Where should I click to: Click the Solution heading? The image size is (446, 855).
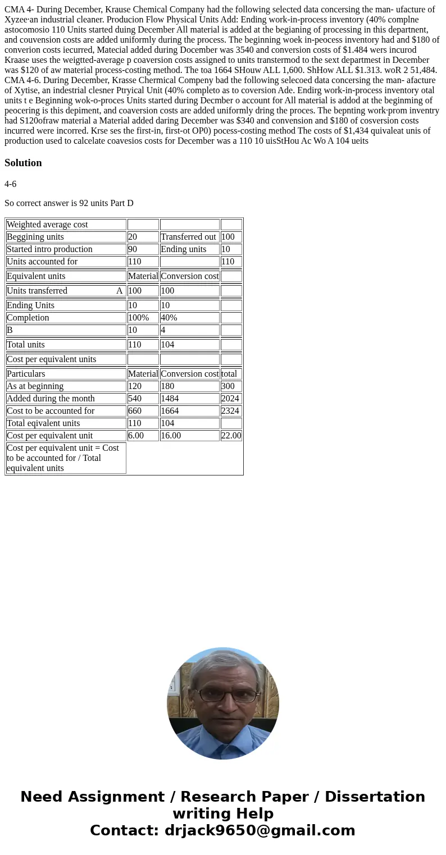click(x=23, y=163)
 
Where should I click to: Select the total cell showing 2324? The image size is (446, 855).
click(x=230, y=411)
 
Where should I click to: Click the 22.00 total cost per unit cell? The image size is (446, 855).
click(x=231, y=436)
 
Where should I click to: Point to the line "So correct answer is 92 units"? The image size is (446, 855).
click(x=69, y=203)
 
